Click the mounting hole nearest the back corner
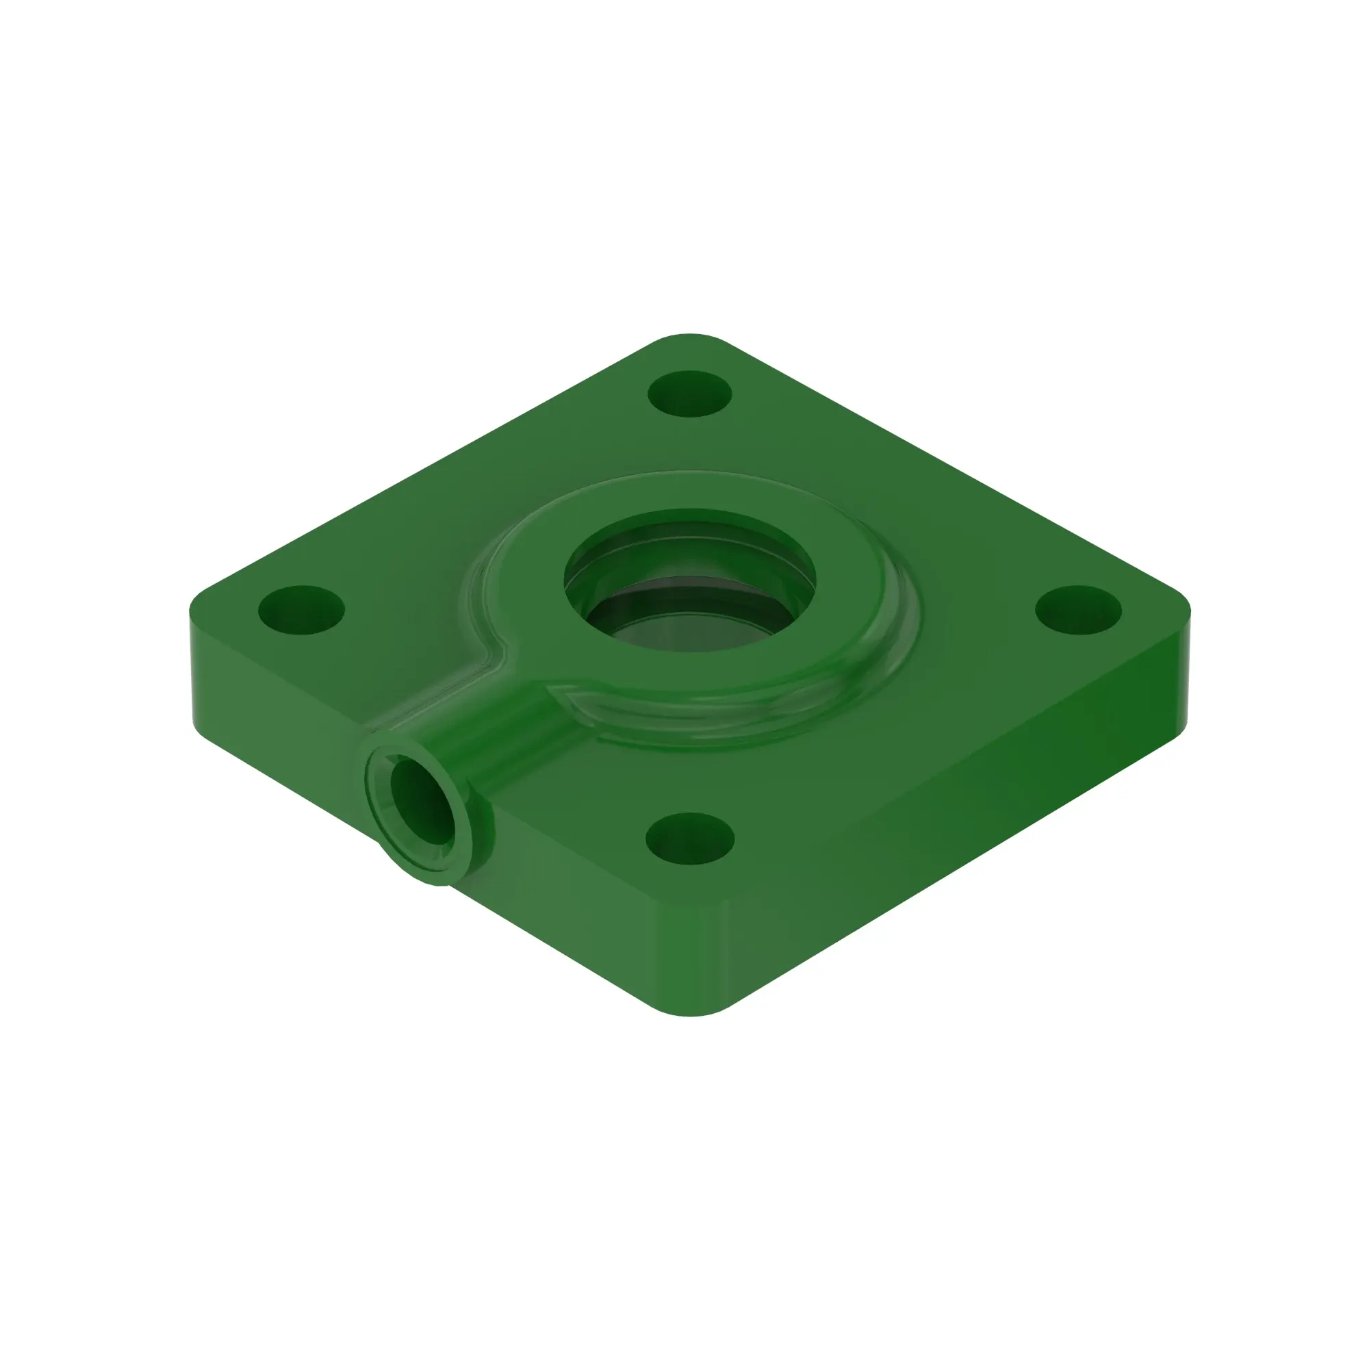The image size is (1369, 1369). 689,394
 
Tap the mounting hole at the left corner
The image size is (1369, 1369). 301,609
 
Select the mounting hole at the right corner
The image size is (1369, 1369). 1079,609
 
